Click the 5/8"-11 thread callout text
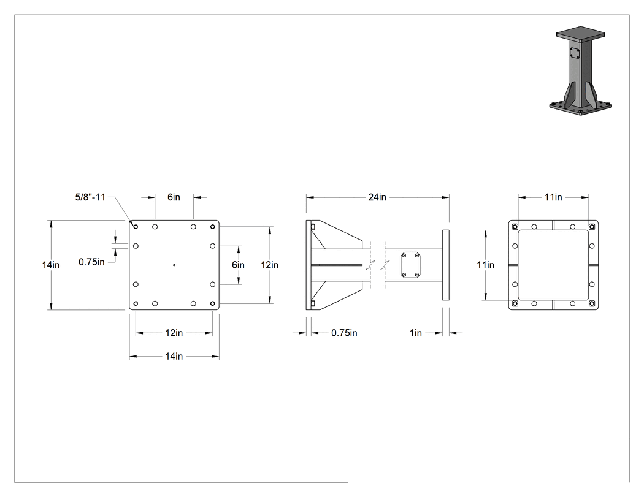[x=90, y=197]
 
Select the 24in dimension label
[x=377, y=197]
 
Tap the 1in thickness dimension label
[x=416, y=333]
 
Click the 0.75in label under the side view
[x=344, y=333]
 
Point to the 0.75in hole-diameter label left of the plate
[x=91, y=262]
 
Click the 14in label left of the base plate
[x=51, y=265]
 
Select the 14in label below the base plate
[x=174, y=356]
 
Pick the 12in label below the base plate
[x=174, y=333]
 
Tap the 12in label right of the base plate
[x=270, y=265]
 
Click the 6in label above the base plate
[x=174, y=197]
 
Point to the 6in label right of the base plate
[x=238, y=265]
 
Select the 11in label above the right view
[x=553, y=197]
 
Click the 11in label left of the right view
[x=486, y=265]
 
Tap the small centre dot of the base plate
[x=174, y=265]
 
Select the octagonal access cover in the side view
[x=410, y=265]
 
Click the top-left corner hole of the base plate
[x=136, y=227]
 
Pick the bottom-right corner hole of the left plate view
[x=212, y=303]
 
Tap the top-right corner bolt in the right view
[x=591, y=227]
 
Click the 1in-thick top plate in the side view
[x=446, y=265]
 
